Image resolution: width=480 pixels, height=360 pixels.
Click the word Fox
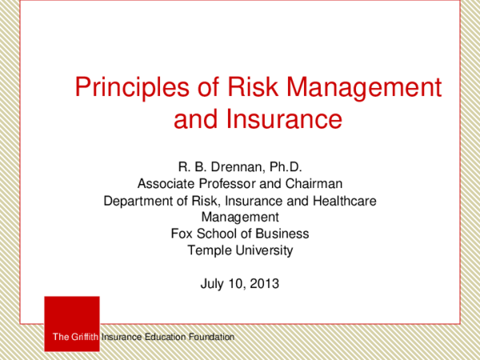pos(182,234)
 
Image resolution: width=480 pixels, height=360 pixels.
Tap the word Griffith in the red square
pos(84,338)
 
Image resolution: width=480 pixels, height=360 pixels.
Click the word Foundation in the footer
pos(208,338)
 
